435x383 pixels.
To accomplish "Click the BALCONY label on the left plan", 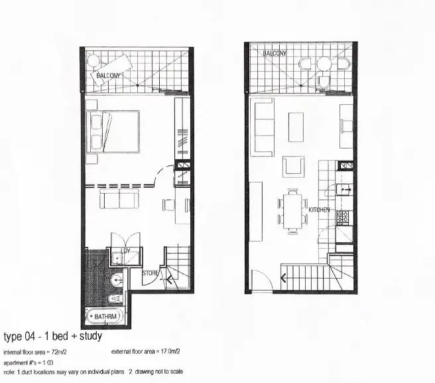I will click(109, 76).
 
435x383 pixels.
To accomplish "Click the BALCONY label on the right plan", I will click(275, 53).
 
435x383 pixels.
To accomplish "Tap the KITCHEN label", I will click(319, 210).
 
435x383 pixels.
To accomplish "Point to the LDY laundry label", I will click(125, 251).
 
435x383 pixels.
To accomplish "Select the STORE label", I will click(151, 273).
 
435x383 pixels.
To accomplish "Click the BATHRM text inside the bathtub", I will click(105, 317).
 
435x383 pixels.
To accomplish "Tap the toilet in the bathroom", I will click(113, 299).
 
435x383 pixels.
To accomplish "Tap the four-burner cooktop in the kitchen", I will click(343, 218).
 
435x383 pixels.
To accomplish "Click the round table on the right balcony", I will click(323, 64).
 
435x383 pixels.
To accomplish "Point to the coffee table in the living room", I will click(295, 126).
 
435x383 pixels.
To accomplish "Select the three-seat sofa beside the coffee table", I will click(263, 126).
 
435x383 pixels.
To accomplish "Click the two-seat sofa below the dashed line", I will click(117, 199).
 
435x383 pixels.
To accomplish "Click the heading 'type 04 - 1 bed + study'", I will click(53, 337).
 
